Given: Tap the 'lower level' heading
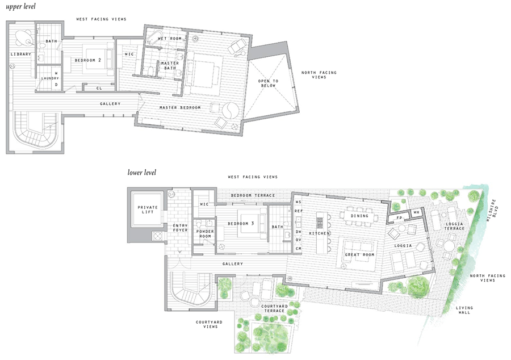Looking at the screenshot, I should click(141, 172).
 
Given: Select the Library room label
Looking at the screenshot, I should click(20, 54).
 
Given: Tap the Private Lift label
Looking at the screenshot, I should click(148, 211).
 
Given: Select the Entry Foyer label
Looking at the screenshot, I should click(180, 228).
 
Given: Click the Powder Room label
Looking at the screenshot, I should click(204, 234).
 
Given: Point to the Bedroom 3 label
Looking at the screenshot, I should click(240, 223).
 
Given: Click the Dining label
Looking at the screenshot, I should click(360, 216).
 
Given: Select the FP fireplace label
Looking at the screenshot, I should click(399, 218).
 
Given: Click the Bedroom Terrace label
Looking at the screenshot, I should click(253, 195).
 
